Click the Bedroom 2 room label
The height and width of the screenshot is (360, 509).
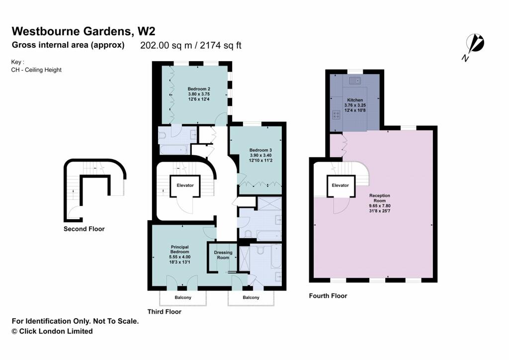(x=199, y=89)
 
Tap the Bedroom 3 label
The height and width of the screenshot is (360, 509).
(x=260, y=150)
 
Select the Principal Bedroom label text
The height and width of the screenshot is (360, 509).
(x=179, y=249)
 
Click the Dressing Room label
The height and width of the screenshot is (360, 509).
(x=223, y=255)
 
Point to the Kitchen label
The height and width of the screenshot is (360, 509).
(x=355, y=100)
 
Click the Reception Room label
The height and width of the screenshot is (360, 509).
(x=379, y=198)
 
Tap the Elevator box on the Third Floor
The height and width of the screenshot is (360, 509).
(x=185, y=185)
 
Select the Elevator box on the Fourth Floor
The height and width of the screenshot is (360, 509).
(x=340, y=185)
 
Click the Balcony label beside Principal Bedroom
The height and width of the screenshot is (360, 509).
(x=183, y=297)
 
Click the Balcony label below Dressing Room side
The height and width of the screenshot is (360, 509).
(x=251, y=297)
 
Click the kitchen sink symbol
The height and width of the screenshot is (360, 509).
(x=355, y=81)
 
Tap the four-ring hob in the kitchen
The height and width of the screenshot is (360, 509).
(x=337, y=115)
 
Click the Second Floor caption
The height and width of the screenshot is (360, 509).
(x=84, y=229)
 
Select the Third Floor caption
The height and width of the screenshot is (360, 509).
(x=164, y=312)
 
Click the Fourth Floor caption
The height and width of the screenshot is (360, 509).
(x=328, y=296)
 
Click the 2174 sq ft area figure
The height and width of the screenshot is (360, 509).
(x=220, y=45)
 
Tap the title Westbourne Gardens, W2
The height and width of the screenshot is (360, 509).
(x=84, y=31)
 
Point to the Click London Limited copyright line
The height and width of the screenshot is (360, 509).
(x=52, y=332)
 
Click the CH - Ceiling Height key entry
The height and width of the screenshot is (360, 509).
(x=36, y=70)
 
